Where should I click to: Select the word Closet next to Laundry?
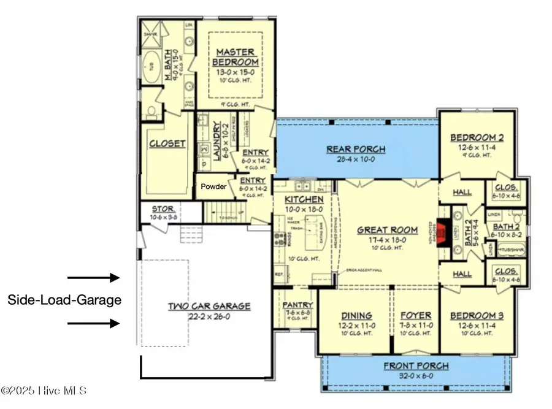point(167,143)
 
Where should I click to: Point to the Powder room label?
point(212,186)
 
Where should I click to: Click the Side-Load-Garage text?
point(64,300)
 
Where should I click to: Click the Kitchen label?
point(303,200)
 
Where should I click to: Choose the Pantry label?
point(297,305)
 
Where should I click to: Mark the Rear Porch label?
point(356,149)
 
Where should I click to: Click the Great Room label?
point(388,231)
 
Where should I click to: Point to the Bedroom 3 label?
point(477,316)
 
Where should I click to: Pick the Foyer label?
point(416,316)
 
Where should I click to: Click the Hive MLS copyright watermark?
point(44,390)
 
